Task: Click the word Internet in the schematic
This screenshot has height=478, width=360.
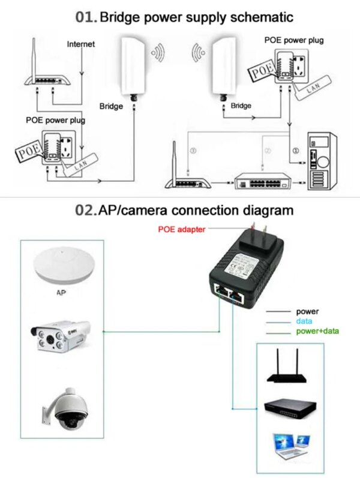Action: click(x=80, y=44)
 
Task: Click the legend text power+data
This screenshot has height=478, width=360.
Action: click(x=316, y=332)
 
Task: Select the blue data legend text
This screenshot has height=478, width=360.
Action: click(x=304, y=321)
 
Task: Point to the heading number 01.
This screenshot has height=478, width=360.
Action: click(x=86, y=17)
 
